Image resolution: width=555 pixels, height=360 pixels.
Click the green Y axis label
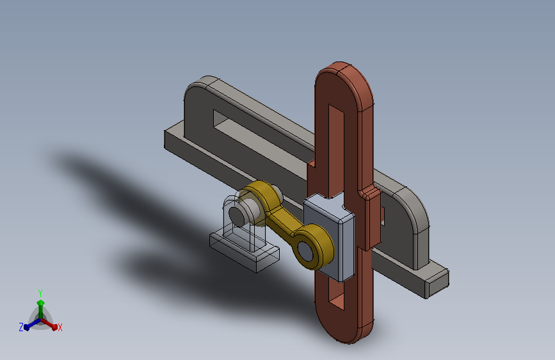coord(40,293)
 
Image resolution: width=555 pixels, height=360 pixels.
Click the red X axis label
coord(60,327)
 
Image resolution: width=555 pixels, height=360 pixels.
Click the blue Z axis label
coord(21,327)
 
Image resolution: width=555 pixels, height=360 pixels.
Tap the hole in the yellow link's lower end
coord(305,250)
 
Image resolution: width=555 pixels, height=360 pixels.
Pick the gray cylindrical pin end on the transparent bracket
coord(237,215)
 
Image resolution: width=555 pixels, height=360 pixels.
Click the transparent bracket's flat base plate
coord(245,252)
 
